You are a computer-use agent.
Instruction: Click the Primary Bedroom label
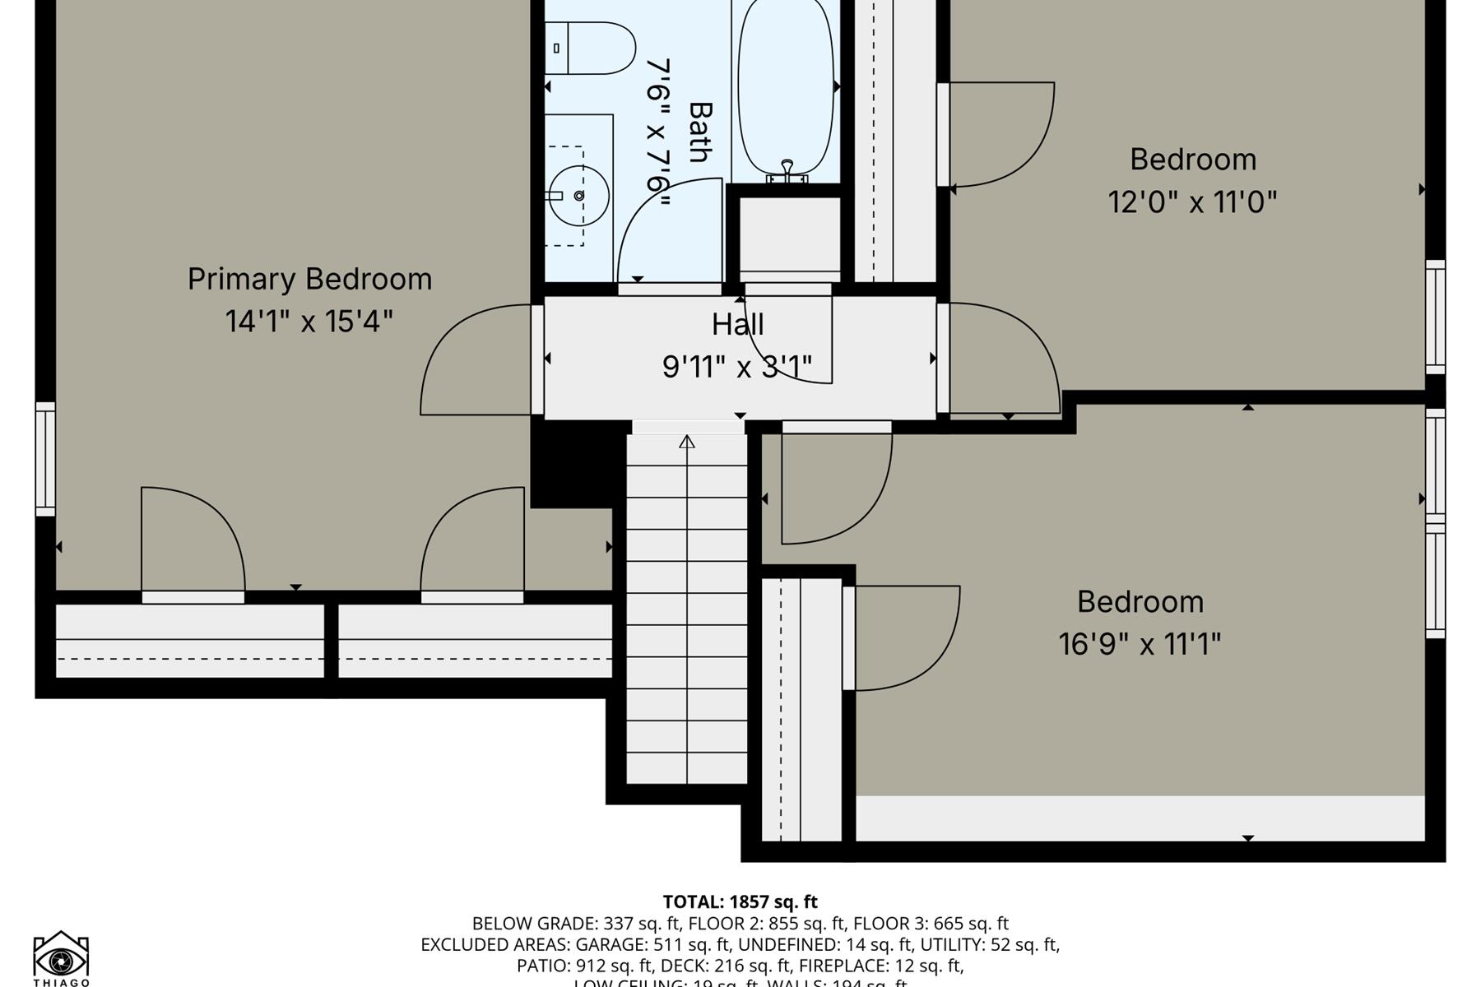pos(309,280)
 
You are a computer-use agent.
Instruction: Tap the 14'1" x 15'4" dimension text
pos(309,321)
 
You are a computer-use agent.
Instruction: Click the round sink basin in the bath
pos(579,196)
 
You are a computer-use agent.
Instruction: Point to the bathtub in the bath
pos(786,86)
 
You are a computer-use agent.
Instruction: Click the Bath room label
pos(699,132)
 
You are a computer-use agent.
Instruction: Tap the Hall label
pos(737,324)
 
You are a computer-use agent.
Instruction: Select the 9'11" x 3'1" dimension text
pos(737,367)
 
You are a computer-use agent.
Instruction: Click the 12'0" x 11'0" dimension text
pos(1192,202)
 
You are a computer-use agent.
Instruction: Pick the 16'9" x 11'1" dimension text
pos(1140,644)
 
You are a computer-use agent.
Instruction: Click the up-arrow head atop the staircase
pos(687,442)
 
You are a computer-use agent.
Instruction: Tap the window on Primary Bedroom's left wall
pos(45,459)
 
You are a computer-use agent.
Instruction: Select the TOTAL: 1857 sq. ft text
pos(740,901)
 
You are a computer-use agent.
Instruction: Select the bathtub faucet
pos(787,171)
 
